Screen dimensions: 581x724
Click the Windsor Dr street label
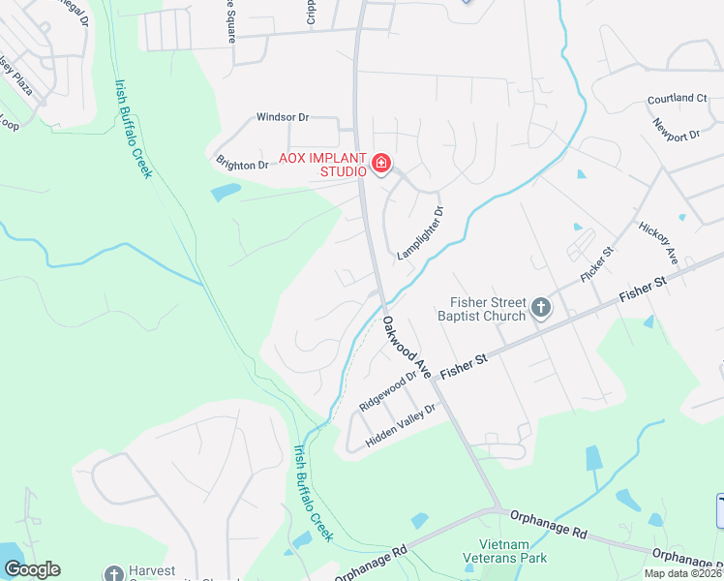click(x=282, y=117)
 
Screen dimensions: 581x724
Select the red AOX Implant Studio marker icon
click(x=381, y=164)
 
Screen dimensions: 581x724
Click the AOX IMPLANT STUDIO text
click(x=322, y=165)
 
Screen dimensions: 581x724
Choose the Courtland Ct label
click(x=678, y=99)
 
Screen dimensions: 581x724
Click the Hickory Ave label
click(x=658, y=242)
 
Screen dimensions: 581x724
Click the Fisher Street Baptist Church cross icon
click(x=541, y=309)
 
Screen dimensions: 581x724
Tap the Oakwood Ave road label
click(x=406, y=339)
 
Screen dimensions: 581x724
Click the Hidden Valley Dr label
click(x=401, y=426)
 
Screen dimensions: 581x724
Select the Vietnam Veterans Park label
click(x=512, y=551)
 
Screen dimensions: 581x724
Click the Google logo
click(x=32, y=569)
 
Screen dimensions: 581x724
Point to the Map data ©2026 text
click(x=682, y=573)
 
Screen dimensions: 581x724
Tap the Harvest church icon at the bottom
click(x=114, y=573)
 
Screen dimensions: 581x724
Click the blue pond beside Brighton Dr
click(x=226, y=192)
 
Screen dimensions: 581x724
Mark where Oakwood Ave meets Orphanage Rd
click(x=496, y=507)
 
